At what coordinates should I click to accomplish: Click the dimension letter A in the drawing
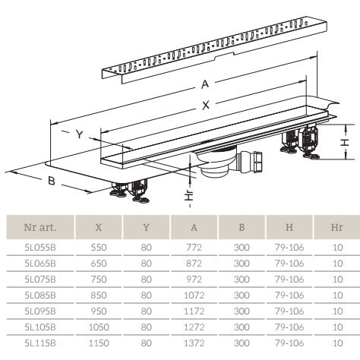pos(205,84)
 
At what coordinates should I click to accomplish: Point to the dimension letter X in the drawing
pos(206,105)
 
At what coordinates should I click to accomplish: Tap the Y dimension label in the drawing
pos(80,134)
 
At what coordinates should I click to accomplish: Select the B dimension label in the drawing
pos(52,181)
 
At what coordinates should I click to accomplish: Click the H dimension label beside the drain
pos(345,142)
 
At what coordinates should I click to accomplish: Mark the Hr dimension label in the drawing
pos(189,195)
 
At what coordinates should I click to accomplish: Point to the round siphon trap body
pos(218,165)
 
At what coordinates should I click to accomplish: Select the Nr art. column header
pos(40,227)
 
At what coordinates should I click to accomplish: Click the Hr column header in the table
pos(337,227)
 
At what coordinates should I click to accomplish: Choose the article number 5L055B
pos(40,248)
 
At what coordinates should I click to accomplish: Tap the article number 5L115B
pos(40,343)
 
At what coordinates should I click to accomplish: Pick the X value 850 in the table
pos(99,295)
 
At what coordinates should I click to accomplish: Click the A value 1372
pos(194,343)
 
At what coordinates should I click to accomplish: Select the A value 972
pos(194,279)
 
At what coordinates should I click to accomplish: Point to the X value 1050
pos(99,327)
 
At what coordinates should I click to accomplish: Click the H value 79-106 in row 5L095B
pos(289,311)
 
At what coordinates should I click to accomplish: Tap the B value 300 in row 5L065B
pos(242,264)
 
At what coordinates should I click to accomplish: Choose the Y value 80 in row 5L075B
pos(147,279)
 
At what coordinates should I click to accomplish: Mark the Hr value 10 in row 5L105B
pos(337,327)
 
